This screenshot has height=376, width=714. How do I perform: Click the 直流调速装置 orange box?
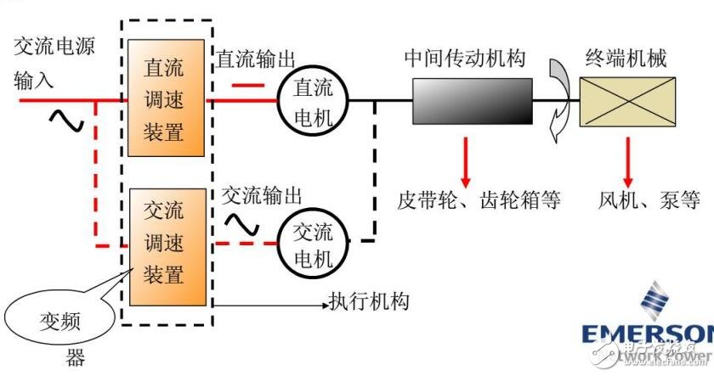[167, 98]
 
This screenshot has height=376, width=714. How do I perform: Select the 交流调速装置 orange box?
[167, 247]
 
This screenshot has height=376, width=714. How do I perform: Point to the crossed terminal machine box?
[629, 100]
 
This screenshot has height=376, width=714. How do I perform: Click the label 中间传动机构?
[465, 59]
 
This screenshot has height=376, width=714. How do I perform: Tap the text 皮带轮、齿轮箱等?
[479, 200]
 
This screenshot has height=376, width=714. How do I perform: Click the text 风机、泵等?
[649, 200]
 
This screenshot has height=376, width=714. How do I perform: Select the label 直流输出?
[255, 59]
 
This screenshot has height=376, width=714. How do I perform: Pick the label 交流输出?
[261, 194]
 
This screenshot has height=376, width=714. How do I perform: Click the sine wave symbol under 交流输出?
[241, 223]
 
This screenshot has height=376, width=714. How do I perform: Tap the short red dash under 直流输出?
[247, 84]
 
